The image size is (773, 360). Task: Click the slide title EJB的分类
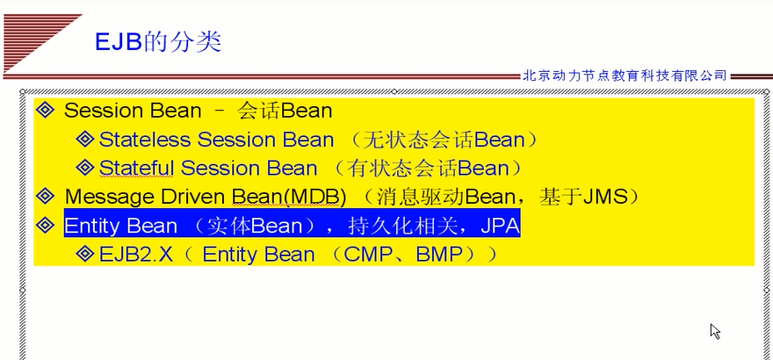point(158,42)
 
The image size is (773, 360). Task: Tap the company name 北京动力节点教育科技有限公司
point(625,76)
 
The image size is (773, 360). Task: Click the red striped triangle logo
point(42,43)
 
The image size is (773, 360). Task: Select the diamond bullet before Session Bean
point(46,111)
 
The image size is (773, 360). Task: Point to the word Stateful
point(136,169)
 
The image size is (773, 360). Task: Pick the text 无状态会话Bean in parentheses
point(444,140)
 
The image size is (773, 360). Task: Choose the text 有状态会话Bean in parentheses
point(428,169)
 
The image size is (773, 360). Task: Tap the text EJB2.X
point(136,255)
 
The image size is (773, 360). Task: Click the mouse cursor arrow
point(715,331)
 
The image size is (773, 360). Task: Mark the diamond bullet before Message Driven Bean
point(46,197)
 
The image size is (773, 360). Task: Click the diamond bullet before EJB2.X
point(85,254)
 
